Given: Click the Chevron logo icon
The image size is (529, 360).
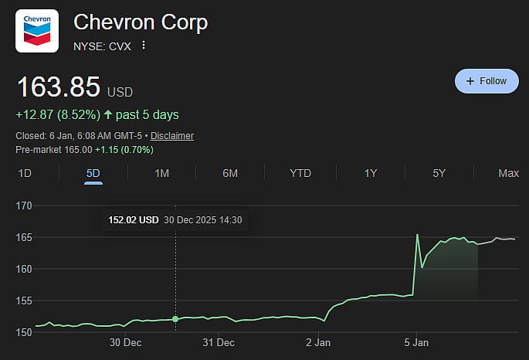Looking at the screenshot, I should [x=37, y=31].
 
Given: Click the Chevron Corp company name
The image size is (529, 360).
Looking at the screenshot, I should [x=141, y=23].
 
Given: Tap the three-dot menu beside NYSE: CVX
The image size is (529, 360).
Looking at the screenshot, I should [x=143, y=46].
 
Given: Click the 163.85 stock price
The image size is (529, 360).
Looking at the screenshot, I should [x=59, y=87].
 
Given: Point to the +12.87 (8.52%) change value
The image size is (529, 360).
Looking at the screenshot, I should [x=58, y=115].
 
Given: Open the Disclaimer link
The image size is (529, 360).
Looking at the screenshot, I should [x=172, y=136].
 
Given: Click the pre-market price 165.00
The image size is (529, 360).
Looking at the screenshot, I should [x=77, y=149].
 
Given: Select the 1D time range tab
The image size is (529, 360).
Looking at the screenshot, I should [x=25, y=173].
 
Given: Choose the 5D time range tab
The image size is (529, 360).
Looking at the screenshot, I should [x=93, y=173].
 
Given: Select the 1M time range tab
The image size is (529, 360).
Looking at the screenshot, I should [x=161, y=173].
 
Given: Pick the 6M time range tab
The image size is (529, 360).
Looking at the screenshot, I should [x=230, y=173].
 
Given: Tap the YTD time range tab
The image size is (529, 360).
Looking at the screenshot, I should [x=300, y=173].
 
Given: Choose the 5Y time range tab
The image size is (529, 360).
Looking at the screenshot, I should [x=439, y=173].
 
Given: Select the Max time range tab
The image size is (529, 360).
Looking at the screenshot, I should [x=508, y=173].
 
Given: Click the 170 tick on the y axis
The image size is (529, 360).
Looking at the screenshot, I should [x=23, y=205].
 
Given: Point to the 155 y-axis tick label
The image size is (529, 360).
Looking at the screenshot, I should [x=23, y=301].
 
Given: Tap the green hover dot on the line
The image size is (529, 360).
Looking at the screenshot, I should [x=175, y=319].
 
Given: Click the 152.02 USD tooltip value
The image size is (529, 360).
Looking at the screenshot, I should [x=133, y=220].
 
